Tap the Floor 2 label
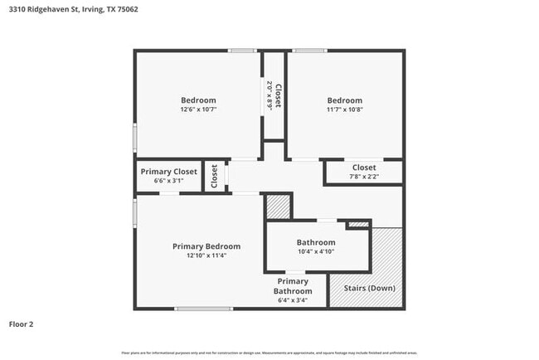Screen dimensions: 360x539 (22, 324)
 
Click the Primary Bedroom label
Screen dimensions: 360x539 (206, 246)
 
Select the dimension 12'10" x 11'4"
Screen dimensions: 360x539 (206, 255)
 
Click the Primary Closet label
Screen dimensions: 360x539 (169, 172)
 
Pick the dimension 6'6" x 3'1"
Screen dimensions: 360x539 (169, 180)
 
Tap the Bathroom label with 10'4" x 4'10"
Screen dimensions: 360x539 (316, 242)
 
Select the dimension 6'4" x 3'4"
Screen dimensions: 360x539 (294, 300)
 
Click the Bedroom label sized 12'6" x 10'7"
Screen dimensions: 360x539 (198, 100)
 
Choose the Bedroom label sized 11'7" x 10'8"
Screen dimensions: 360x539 (344, 100)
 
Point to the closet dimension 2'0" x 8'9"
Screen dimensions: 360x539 (269, 95)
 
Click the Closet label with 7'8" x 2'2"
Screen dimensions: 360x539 (364, 168)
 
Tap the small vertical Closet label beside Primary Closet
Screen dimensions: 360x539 (214, 176)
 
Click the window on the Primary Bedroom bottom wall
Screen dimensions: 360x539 (203, 309)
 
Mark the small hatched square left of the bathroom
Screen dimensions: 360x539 (278, 207)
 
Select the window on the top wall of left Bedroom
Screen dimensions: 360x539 (242, 51)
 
